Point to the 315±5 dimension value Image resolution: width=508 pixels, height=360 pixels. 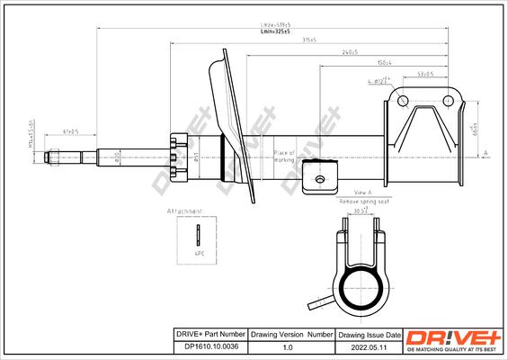point(310,40)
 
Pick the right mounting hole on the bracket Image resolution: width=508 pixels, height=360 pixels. point(447,100)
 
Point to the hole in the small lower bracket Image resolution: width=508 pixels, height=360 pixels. point(319,179)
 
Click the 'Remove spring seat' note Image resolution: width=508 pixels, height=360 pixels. point(364,202)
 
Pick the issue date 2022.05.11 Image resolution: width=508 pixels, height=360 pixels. point(366,346)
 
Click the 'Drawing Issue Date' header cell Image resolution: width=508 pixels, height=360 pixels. point(366,334)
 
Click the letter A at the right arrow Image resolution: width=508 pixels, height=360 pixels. point(486,154)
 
